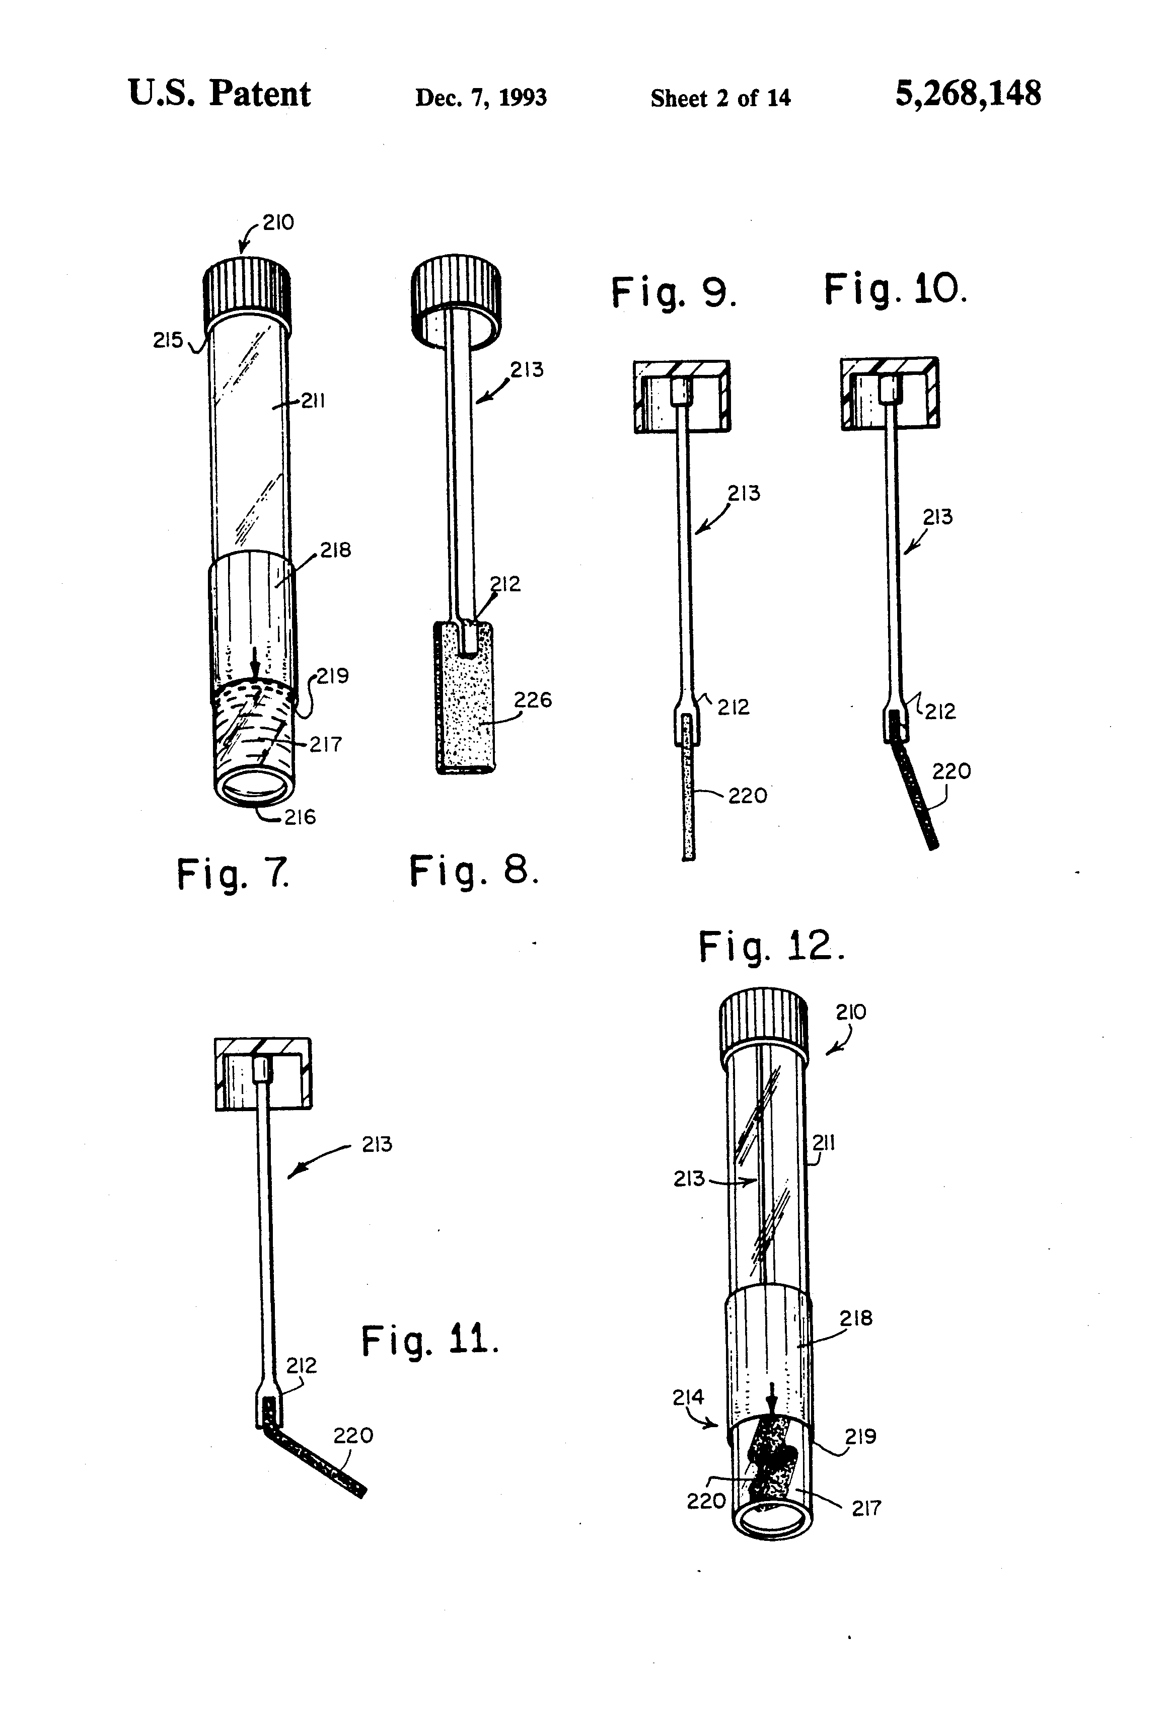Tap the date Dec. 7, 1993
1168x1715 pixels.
tap(481, 98)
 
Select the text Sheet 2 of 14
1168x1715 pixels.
tap(720, 98)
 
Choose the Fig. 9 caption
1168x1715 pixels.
tap(673, 292)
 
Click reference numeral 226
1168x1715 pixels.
tap(533, 699)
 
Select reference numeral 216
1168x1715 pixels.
tap(300, 817)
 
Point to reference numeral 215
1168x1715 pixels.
tap(168, 340)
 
